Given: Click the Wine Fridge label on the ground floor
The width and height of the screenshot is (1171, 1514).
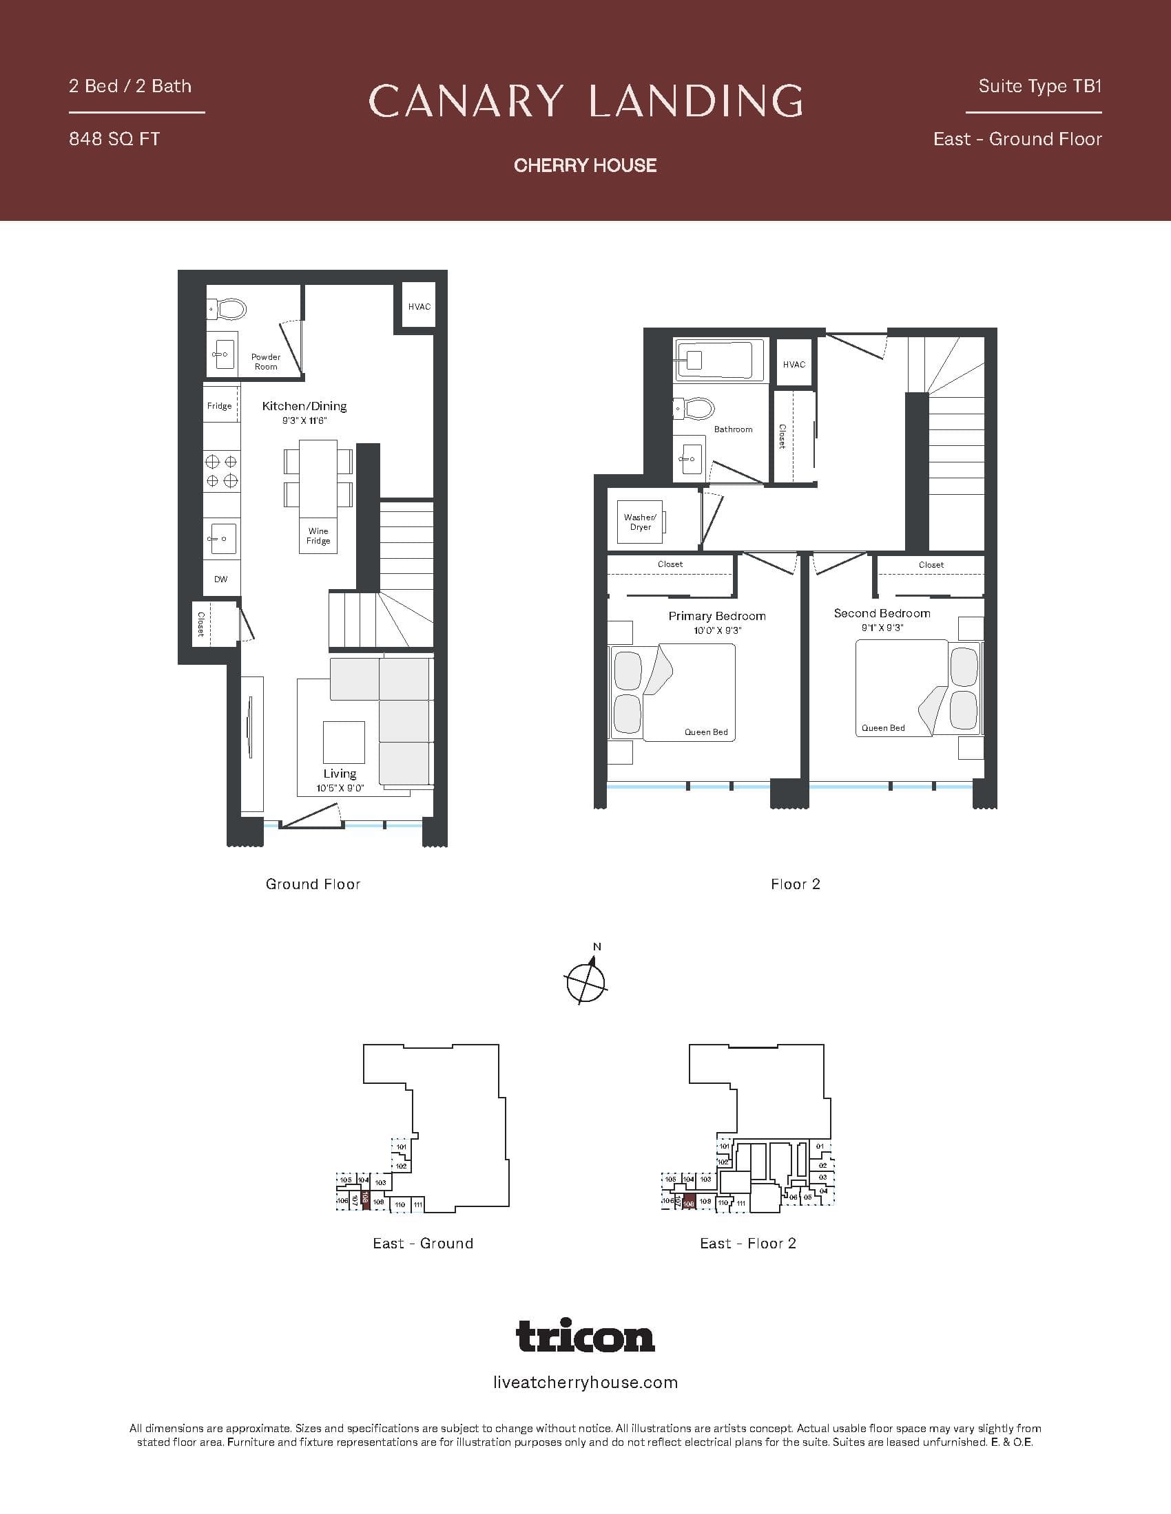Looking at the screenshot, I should [x=318, y=536].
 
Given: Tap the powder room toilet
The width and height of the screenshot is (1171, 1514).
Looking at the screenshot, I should [x=229, y=309].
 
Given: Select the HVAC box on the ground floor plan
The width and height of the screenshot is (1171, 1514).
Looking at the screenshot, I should [x=419, y=306].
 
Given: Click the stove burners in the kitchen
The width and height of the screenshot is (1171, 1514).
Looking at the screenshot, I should [x=221, y=471].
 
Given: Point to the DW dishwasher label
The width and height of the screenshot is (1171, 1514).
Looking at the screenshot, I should [x=220, y=579].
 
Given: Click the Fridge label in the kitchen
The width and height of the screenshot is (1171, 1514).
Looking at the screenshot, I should [x=219, y=405].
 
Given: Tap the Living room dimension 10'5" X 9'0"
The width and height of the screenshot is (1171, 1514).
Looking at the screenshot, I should [x=340, y=788].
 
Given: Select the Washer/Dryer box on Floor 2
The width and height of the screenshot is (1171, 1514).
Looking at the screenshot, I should [x=641, y=522].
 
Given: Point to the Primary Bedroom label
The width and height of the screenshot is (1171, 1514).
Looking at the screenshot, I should [x=716, y=616].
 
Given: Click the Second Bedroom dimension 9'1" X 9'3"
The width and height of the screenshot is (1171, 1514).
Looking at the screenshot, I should [x=882, y=628].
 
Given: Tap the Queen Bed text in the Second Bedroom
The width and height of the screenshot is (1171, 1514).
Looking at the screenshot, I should [x=883, y=728].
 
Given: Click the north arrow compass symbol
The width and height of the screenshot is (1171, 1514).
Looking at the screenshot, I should [x=586, y=981].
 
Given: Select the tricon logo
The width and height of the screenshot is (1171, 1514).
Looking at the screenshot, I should [x=585, y=1335].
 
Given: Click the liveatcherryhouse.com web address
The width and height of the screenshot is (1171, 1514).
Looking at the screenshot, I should [x=585, y=1383].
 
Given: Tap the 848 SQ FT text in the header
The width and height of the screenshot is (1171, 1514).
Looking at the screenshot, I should [x=114, y=139].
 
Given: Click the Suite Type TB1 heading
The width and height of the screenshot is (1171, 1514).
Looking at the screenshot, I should [x=1040, y=86].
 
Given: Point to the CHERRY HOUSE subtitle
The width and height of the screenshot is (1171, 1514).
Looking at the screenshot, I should [x=585, y=165].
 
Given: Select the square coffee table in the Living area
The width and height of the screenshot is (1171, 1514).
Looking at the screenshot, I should [x=344, y=742].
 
